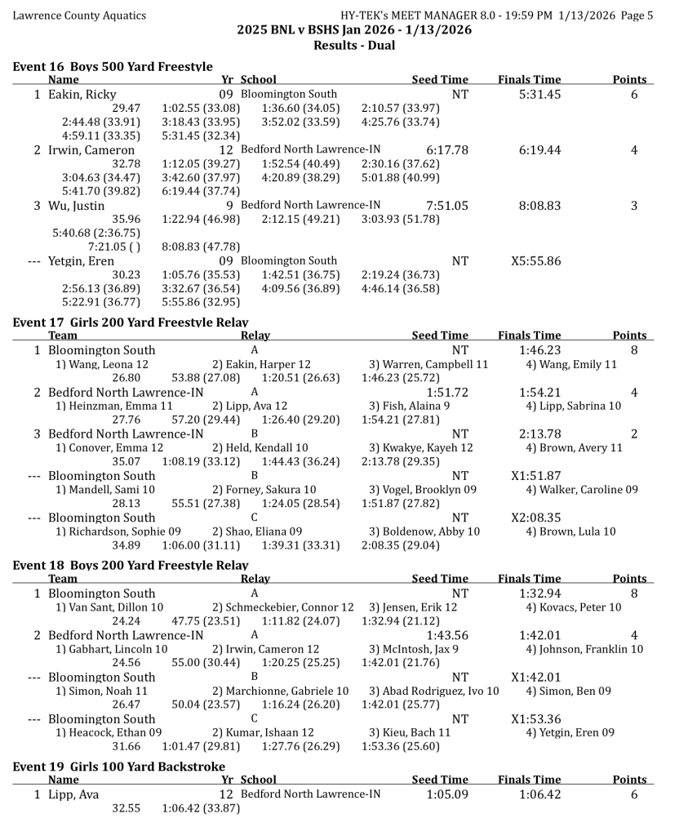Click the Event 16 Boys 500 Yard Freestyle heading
113,67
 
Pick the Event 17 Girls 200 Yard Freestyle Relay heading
131,322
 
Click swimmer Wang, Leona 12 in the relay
101,364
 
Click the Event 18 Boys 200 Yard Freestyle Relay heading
131,565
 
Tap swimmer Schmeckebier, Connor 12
283,607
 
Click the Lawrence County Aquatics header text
79,16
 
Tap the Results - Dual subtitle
354,45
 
